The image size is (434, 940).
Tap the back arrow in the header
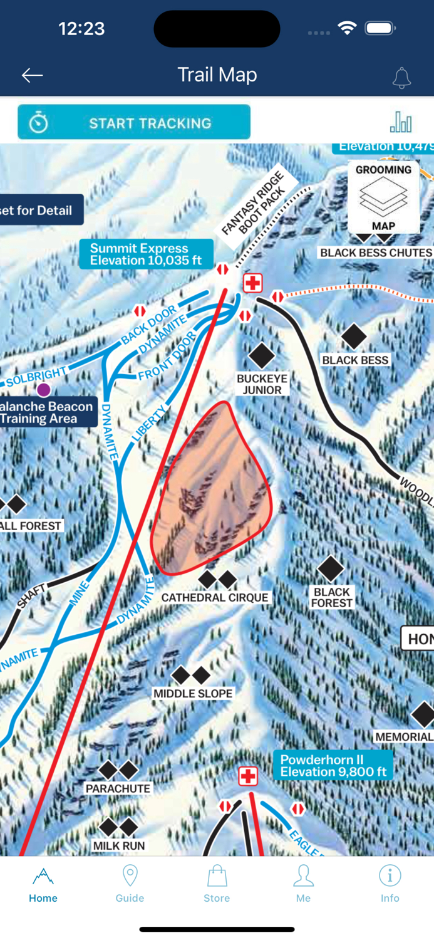coord(32,75)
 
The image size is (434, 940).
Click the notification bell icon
coord(401,77)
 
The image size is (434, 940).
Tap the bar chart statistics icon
coord(401,122)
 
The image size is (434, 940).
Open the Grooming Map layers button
coord(383,197)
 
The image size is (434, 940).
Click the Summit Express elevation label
coord(146,254)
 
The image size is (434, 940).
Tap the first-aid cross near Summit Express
coord(252,283)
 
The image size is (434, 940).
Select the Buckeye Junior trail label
coord(262,384)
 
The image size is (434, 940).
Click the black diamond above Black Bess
coord(354,337)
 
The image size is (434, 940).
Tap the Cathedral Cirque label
coord(215,598)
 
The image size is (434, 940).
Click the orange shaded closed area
coord(213,489)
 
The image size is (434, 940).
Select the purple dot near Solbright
coord(43,390)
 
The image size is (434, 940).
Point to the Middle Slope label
coord(193,694)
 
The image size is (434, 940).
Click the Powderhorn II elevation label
coord(333,766)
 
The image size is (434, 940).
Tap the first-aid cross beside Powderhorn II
coord(248,776)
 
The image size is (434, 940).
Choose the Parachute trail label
coord(118,788)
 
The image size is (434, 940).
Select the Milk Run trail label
coord(119,846)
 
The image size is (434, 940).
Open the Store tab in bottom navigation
coord(217,884)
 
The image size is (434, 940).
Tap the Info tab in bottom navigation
coord(390,884)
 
